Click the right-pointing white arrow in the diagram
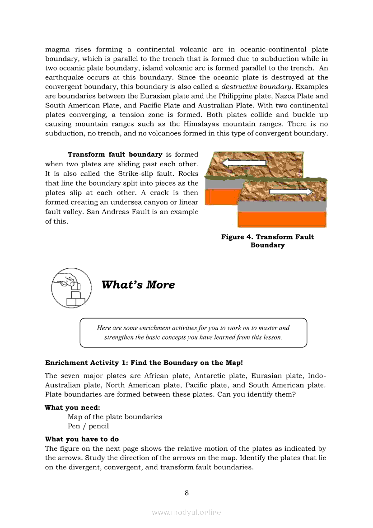click(291, 192)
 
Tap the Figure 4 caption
click(267, 241)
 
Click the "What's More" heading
click(138, 285)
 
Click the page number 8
click(186, 492)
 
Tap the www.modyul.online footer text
click(186, 512)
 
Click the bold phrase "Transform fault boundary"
click(115, 154)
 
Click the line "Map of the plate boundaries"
click(115, 417)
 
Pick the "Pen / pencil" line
click(88, 426)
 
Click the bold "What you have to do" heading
click(82, 439)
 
